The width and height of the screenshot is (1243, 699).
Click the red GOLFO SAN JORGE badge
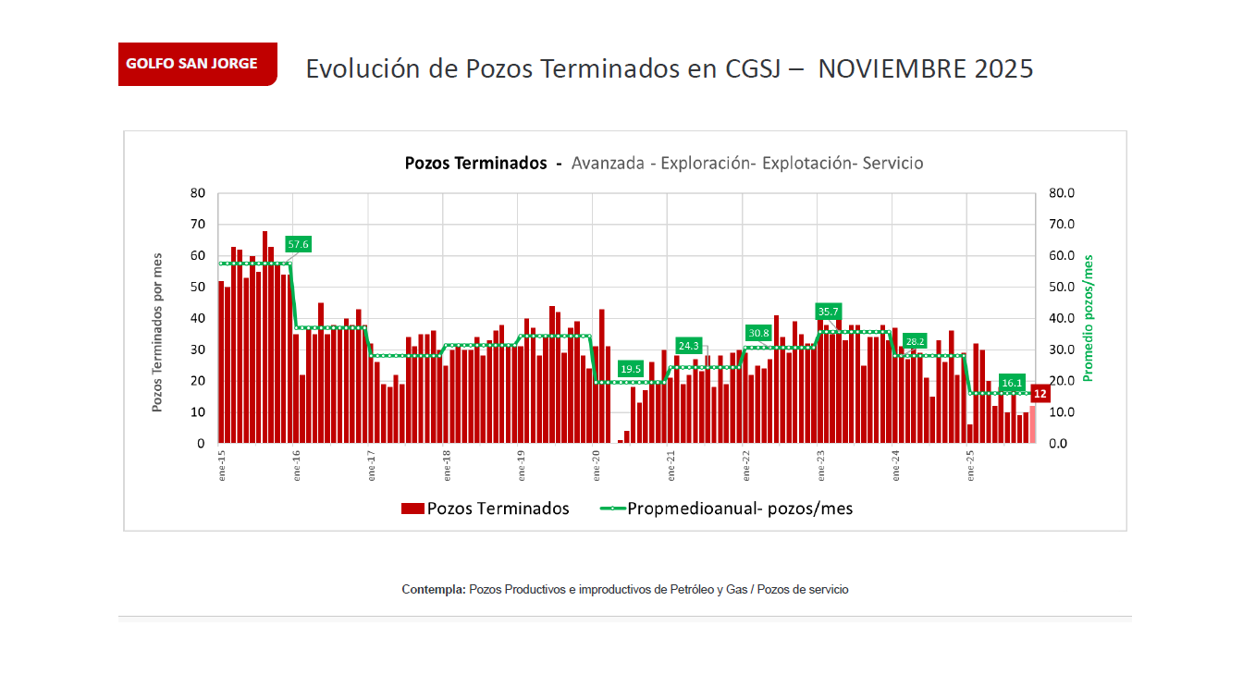[x=197, y=64]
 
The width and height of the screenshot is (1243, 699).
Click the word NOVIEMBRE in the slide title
[x=889, y=69]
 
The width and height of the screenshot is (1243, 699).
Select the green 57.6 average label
[x=298, y=244]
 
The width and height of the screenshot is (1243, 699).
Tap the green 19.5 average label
[x=631, y=369]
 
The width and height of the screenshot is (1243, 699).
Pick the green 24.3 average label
[x=689, y=346]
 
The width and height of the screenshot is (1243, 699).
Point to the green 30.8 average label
[x=757, y=333]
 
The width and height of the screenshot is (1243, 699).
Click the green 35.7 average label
[x=828, y=312]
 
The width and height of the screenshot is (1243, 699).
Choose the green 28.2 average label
[x=915, y=341]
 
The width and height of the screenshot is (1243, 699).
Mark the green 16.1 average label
[x=1012, y=383]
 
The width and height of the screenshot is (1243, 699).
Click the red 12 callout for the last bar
[x=1040, y=394]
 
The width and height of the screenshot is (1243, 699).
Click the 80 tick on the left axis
[x=197, y=193]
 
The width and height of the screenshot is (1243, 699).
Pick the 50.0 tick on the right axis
[x=1061, y=288]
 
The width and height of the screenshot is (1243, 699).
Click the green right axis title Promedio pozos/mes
[x=1089, y=317]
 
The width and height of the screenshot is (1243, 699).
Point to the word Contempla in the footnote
[x=433, y=589]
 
